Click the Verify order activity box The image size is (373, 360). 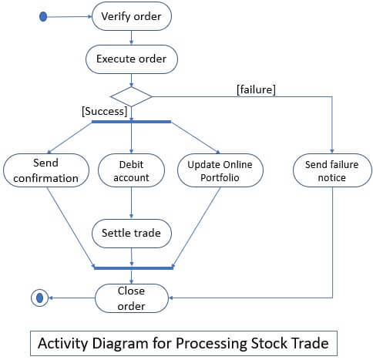coord(131,16)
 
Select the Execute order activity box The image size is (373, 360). coord(131,58)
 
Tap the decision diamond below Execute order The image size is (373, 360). coord(131,96)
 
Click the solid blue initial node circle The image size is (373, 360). coord(43,16)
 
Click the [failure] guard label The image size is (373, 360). coord(256,89)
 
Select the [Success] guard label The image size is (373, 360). coord(104,111)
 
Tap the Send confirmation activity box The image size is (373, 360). coord(45,170)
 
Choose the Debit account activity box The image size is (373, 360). coord(131,170)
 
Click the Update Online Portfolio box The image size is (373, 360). coord(220,170)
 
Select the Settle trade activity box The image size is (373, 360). coord(131,232)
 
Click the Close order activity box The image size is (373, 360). coord(131,297)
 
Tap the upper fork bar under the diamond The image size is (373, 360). coord(131,121)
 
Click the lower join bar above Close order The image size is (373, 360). coord(131,267)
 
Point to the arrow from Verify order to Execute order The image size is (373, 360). coord(131,37)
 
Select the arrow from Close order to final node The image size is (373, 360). coord(69,297)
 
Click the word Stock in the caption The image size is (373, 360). coord(271,341)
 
